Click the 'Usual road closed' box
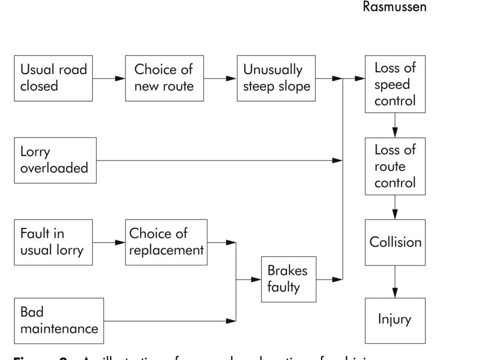click(x=53, y=78)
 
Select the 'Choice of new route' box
click(x=164, y=78)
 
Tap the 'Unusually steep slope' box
click(x=276, y=78)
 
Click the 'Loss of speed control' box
click(x=395, y=84)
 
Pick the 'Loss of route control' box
click(x=395, y=166)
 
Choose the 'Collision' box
click(x=395, y=242)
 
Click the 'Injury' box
click(x=395, y=320)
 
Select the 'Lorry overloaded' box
click(x=55, y=160)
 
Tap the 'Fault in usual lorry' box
click(x=53, y=242)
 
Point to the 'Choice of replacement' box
click(x=166, y=242)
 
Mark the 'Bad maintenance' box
click(x=59, y=320)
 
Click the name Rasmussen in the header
click(x=395, y=8)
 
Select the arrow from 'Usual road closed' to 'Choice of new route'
click(x=108, y=78)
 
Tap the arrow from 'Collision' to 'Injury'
click(x=395, y=282)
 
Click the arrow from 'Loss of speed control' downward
click(x=395, y=125)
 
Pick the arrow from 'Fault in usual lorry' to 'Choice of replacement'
click(x=108, y=242)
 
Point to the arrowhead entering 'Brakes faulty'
click(x=257, y=280)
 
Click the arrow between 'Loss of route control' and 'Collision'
click(x=395, y=207)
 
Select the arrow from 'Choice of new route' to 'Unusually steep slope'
click(x=220, y=78)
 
